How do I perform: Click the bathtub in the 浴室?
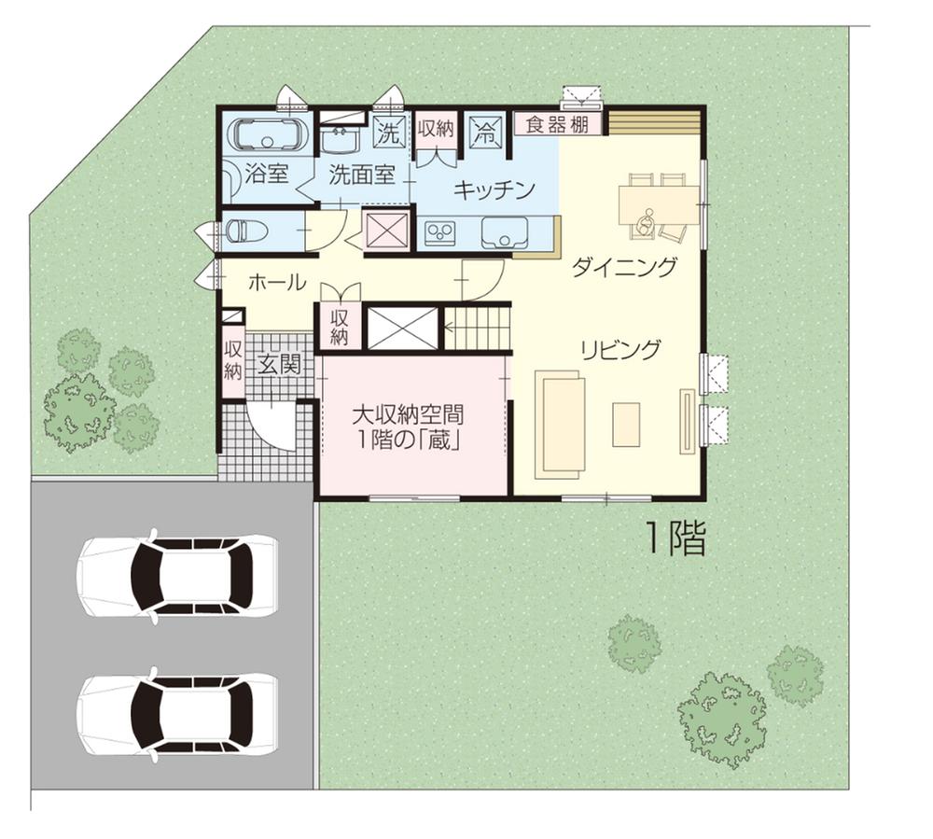tap(268, 135)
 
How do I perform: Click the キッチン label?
tap(494, 190)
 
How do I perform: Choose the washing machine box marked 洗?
tap(388, 132)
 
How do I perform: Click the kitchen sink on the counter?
tap(504, 233)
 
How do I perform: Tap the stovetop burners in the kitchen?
tap(439, 232)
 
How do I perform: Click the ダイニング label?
tap(623, 269)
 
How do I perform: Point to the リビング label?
tap(620, 350)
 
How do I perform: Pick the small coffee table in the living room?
tap(626, 424)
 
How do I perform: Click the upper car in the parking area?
tap(177, 576)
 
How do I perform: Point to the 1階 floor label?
tap(675, 538)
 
